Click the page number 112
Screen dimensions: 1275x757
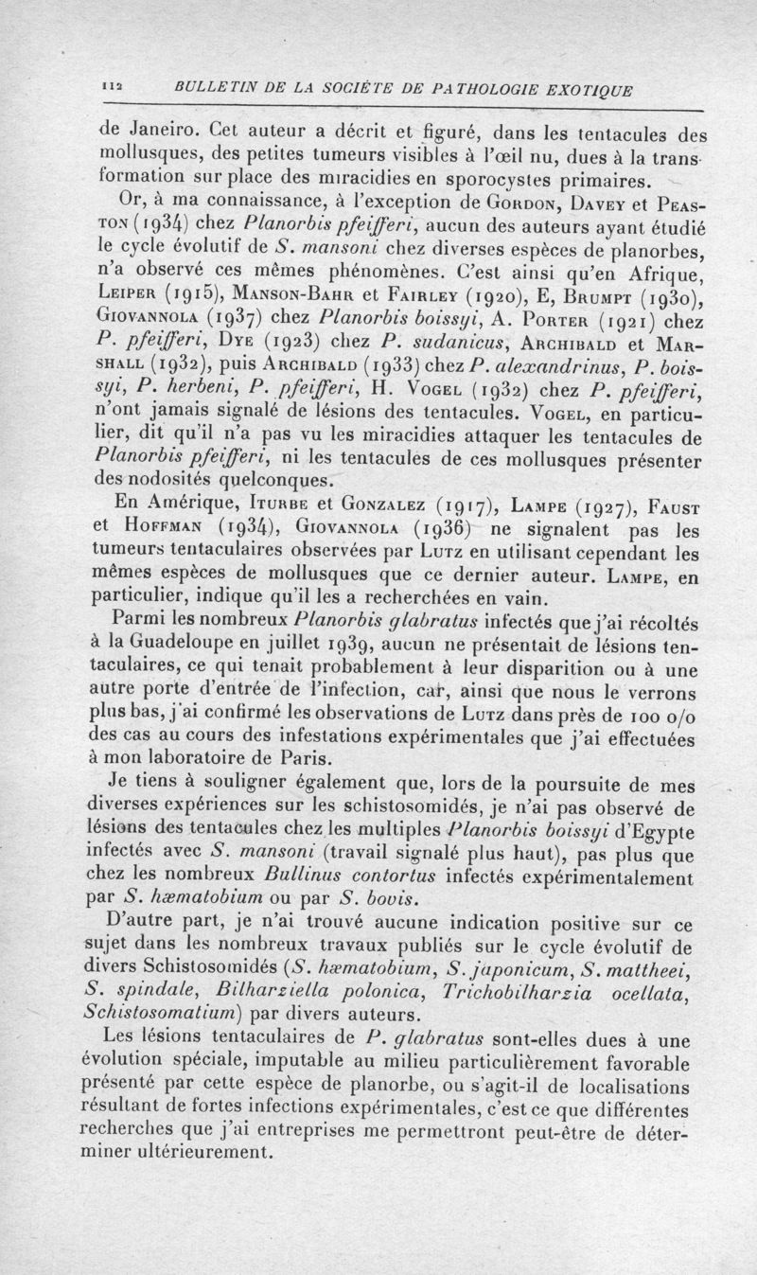point(114,89)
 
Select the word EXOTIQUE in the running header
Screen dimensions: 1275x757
point(591,90)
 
